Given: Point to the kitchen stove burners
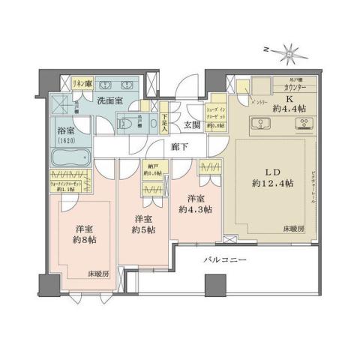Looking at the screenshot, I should click(x=305, y=124).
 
